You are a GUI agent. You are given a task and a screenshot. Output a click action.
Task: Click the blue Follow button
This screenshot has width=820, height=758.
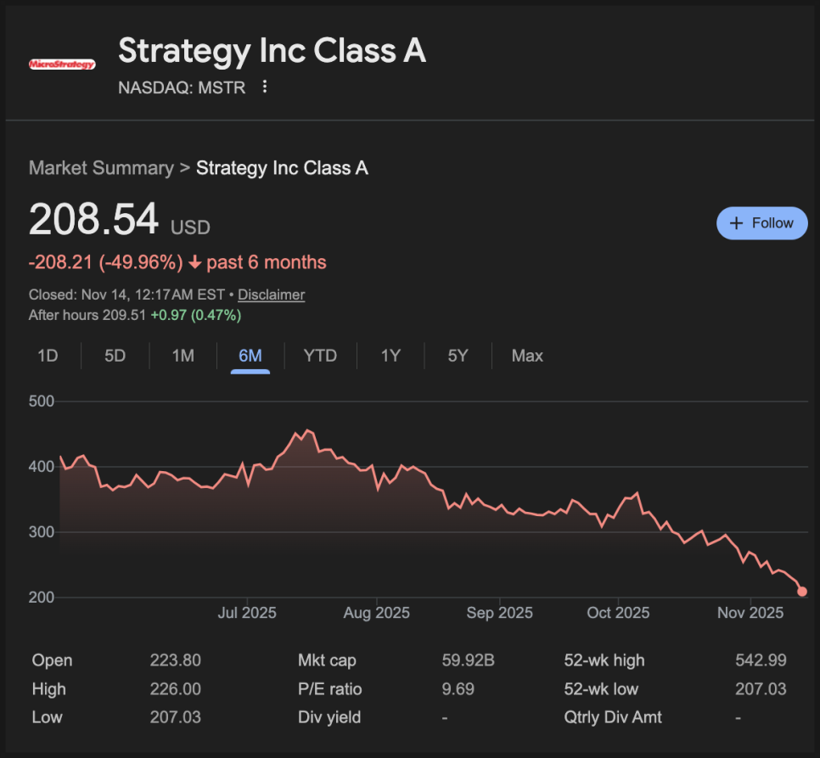pyautogui.click(x=761, y=223)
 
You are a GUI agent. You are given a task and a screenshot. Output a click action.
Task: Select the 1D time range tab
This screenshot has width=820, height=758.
pyautogui.click(x=48, y=356)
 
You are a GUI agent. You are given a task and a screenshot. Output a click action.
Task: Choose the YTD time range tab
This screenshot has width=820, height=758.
pyautogui.click(x=320, y=356)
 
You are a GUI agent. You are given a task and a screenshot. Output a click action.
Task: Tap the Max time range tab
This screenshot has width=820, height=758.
pyautogui.click(x=527, y=356)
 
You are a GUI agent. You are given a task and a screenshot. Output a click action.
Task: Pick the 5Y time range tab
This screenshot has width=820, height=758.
pyautogui.click(x=458, y=356)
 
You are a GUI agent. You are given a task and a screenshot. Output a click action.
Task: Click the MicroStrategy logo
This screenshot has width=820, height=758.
pyautogui.click(x=62, y=64)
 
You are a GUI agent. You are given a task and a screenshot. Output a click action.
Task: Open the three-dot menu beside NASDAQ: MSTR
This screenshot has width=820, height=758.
pyautogui.click(x=265, y=87)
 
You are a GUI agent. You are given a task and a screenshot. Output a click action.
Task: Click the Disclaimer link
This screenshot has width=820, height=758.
pyautogui.click(x=271, y=295)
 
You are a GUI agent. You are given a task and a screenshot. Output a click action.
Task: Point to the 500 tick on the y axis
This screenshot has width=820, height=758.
pyautogui.click(x=42, y=401)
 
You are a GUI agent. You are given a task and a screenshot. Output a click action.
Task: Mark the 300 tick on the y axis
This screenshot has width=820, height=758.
pyautogui.click(x=42, y=532)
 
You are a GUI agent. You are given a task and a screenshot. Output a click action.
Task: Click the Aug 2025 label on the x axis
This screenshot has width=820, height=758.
pyautogui.click(x=375, y=613)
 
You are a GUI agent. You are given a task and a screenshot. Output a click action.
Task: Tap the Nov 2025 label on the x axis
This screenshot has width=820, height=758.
pyautogui.click(x=750, y=613)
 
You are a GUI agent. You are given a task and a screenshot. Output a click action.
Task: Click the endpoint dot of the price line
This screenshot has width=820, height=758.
pyautogui.click(x=802, y=592)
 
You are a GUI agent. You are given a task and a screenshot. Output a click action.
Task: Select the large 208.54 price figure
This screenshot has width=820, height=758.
pyautogui.click(x=93, y=221)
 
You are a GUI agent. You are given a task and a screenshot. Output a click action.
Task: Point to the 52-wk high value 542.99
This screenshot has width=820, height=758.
pyautogui.click(x=761, y=660)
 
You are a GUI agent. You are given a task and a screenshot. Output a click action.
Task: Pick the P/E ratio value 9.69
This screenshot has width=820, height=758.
pyautogui.click(x=458, y=689)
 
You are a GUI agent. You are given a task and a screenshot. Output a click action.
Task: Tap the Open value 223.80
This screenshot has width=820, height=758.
pyautogui.click(x=175, y=660)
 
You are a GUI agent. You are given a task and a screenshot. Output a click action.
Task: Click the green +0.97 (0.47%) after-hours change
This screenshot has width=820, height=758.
pyautogui.click(x=196, y=316)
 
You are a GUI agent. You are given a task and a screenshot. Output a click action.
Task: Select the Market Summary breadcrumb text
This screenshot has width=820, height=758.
pyautogui.click(x=101, y=168)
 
